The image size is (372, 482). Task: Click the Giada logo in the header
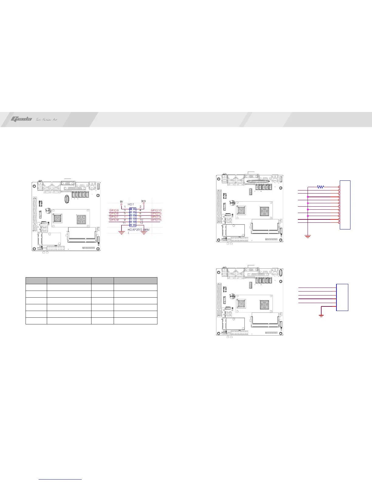click(21, 119)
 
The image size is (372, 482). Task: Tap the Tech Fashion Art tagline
click(46, 119)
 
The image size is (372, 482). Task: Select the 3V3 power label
click(144, 201)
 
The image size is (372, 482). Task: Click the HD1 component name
click(131, 204)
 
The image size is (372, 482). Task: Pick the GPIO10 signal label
click(156, 210)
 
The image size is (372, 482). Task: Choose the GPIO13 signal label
click(156, 214)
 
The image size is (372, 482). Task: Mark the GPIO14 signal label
click(156, 217)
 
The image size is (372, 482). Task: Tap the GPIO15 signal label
click(156, 220)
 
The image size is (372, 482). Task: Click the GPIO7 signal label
click(113, 217)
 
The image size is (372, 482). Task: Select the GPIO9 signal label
click(113, 220)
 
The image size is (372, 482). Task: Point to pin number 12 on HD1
click(141, 223)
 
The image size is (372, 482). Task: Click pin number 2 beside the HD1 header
click(140, 207)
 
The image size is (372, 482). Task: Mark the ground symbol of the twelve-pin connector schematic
click(308, 236)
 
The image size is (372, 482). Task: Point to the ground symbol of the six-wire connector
click(321, 315)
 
